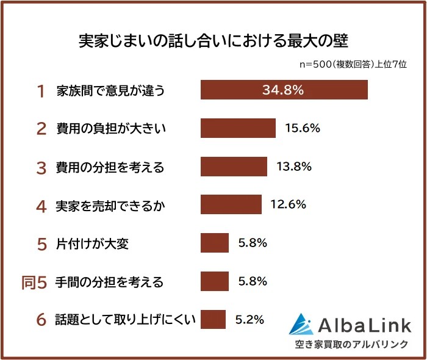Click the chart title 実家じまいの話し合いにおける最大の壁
[x=213, y=40]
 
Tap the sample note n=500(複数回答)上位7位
[x=353, y=63]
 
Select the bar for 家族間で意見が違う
[x=284, y=90]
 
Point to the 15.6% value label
[x=302, y=128]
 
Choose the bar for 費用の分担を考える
[x=234, y=167]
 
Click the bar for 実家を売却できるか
[x=231, y=205]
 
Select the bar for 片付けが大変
[x=215, y=243]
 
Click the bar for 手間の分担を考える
[x=215, y=281]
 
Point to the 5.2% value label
[x=249, y=319]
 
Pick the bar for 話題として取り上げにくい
[x=213, y=319]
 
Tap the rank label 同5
[x=34, y=282]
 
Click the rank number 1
[x=41, y=91]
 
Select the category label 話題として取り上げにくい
[x=125, y=320]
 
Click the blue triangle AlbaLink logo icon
[x=303, y=325]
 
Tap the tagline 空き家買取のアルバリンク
[x=351, y=344]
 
